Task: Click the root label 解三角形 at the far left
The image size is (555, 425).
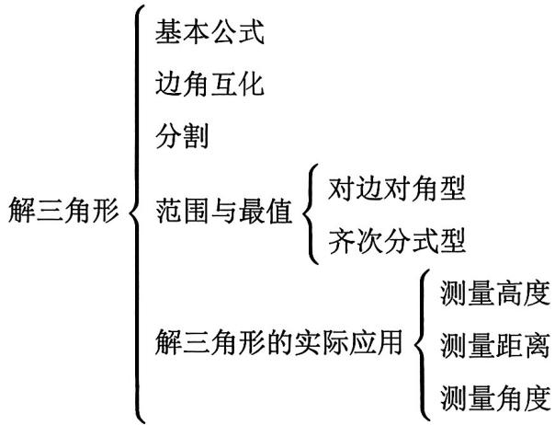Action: click(63, 210)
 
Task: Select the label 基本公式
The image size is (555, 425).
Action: click(210, 32)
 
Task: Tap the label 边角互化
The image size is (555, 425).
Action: click(210, 84)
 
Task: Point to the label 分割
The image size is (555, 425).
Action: click(182, 136)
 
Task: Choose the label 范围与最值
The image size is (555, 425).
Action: click(223, 212)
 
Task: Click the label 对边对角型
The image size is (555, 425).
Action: click(396, 189)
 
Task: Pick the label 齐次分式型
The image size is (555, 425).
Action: click(397, 241)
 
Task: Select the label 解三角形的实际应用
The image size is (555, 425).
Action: click(279, 342)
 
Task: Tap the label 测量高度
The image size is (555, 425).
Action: click(495, 293)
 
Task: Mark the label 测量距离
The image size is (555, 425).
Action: click(495, 346)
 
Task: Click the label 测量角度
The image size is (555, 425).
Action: click(495, 398)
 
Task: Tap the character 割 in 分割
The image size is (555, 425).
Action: click(196, 136)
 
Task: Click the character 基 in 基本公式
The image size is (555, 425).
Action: click(168, 32)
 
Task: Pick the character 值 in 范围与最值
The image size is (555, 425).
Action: click(279, 212)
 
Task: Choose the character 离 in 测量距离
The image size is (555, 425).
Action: click(538, 346)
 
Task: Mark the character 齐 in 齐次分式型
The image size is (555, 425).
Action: click(342, 241)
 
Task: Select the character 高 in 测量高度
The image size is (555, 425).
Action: click(509, 293)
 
